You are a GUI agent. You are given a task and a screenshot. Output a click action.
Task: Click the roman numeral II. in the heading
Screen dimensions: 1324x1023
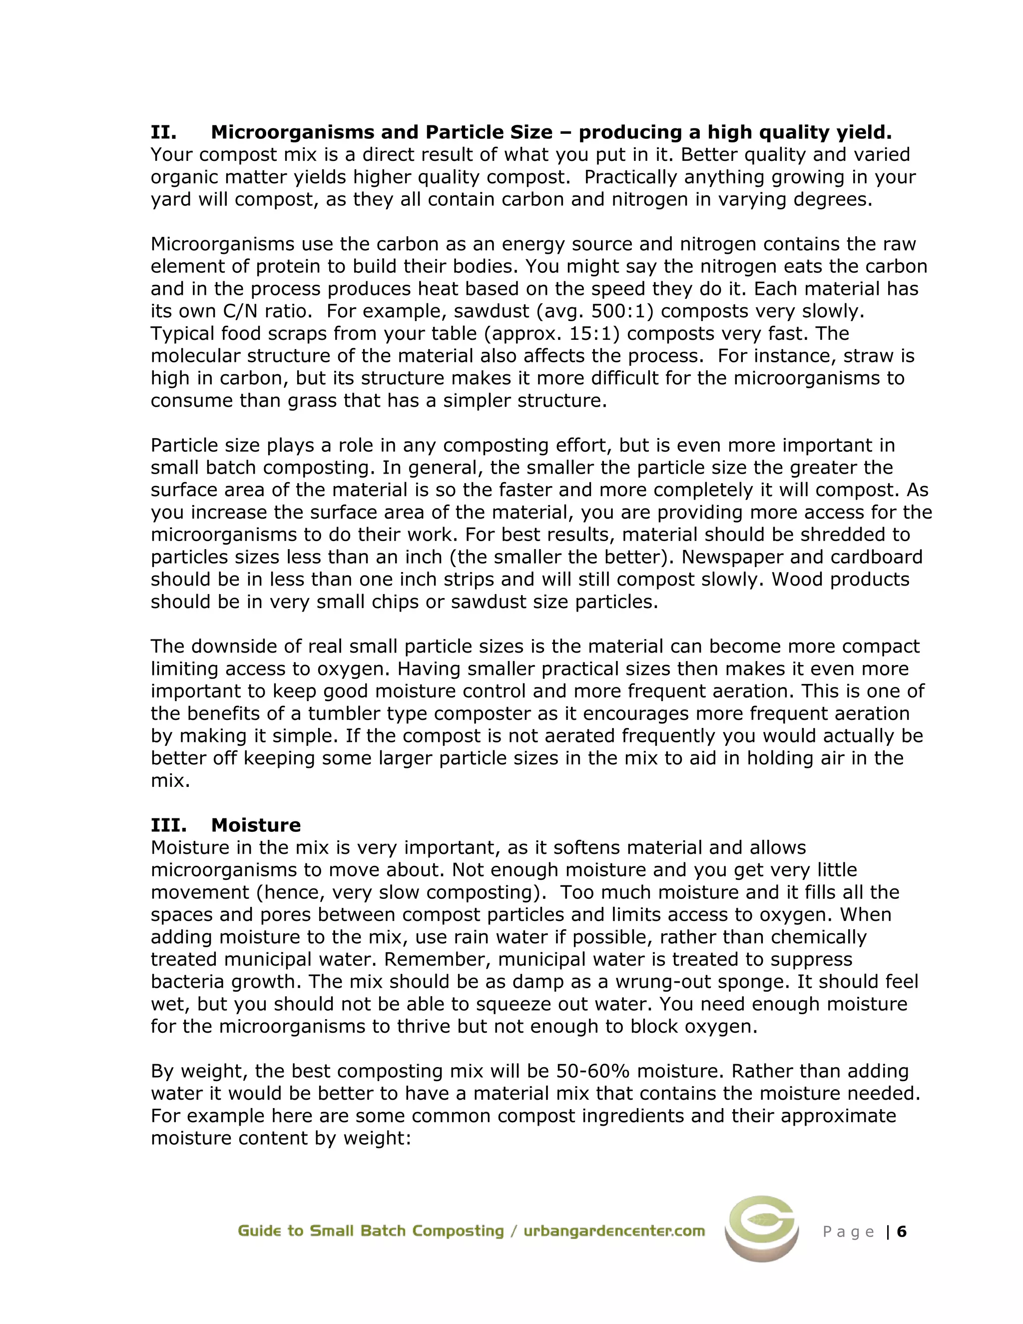point(164,132)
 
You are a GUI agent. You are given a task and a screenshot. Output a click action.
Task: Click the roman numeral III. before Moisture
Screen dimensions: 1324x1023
point(168,825)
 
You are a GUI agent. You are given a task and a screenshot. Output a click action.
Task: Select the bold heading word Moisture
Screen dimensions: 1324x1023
point(256,825)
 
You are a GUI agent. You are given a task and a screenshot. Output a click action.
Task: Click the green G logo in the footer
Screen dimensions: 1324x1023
point(761,1231)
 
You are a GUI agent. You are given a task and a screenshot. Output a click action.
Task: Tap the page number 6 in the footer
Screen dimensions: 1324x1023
point(902,1232)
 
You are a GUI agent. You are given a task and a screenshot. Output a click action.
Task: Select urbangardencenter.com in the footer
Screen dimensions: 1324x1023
point(614,1231)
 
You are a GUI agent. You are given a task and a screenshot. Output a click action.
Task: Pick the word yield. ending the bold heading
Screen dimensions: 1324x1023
point(864,132)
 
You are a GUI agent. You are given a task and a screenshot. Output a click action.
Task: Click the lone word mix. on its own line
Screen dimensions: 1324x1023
point(170,781)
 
